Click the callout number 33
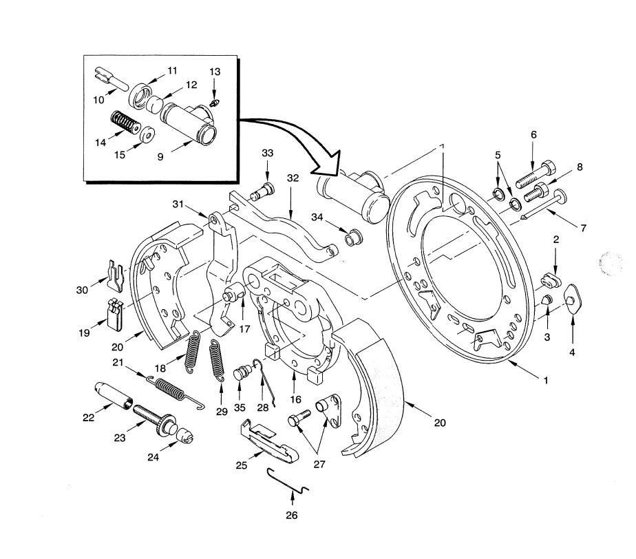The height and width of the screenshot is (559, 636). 267,153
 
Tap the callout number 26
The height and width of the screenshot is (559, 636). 292,515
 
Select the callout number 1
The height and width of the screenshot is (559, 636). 546,380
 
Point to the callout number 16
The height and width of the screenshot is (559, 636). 296,399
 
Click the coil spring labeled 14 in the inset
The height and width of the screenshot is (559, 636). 126,121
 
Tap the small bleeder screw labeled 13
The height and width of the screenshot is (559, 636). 215,103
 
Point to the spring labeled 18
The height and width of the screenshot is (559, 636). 193,351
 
